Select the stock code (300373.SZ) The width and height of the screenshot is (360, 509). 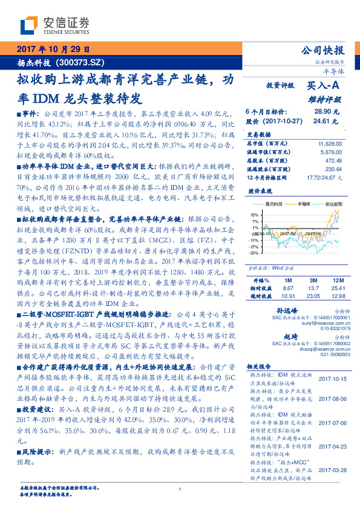tap(81, 62)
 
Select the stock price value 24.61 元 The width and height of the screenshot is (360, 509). tap(329, 121)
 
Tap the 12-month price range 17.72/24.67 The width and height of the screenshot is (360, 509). tap(324, 178)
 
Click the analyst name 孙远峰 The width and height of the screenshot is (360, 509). tap(276, 310)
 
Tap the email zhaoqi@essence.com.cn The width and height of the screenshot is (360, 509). tap(317, 348)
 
